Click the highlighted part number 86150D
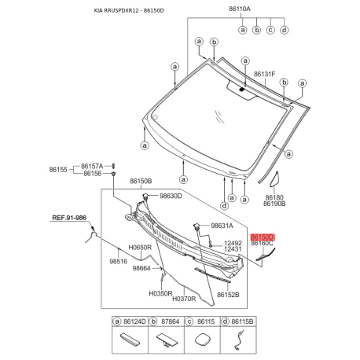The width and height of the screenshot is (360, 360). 262,237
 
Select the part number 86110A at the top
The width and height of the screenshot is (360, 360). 240,9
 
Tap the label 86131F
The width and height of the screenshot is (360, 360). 264,74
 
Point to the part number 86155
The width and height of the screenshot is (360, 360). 58,170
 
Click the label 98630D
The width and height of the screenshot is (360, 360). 171,196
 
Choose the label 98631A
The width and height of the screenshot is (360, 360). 222,226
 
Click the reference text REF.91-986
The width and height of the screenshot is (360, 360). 69,218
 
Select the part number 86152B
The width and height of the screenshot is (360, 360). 228,295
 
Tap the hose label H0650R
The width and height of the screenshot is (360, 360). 140,248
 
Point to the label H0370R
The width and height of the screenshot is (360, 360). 184,299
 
